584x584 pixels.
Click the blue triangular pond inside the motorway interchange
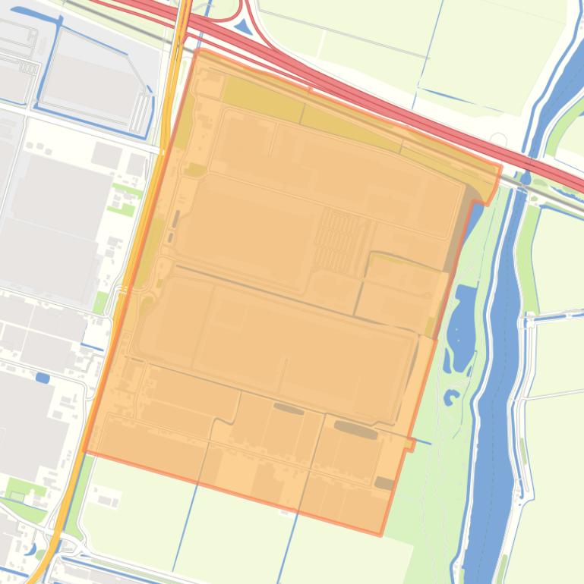pos(243,28)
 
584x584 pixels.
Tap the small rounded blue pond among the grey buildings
pos(43,378)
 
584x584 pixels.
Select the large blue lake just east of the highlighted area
pos(461,326)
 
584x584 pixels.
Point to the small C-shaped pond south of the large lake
pos(450,397)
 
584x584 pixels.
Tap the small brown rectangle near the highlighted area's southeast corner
pos(384,483)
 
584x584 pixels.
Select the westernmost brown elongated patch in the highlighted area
pos(289,410)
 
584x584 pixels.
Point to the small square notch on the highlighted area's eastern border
pos(412,444)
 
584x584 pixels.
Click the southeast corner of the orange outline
pos(381,534)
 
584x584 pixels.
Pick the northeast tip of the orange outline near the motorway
pos(500,166)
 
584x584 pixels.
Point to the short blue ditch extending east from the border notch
pos(423,442)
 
